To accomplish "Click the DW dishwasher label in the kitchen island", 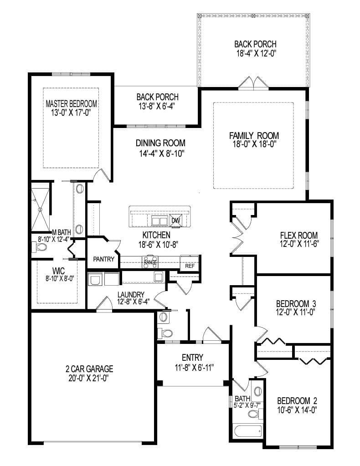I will pyautogui.click(x=176, y=221).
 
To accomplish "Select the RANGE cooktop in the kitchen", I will pyautogui.click(x=150, y=262).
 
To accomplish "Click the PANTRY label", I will pyautogui.click(x=103, y=259).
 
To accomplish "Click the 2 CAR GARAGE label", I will pyautogui.click(x=89, y=369).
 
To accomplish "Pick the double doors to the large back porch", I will pyautogui.click(x=252, y=83).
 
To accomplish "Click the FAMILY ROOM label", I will pyautogui.click(x=254, y=135).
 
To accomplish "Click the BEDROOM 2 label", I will pyautogui.click(x=297, y=400).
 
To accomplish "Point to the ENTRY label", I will pyautogui.click(x=192, y=358).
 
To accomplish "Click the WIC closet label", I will pyautogui.click(x=58, y=271).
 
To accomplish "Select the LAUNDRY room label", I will pyautogui.click(x=131, y=295).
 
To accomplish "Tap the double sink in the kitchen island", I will pyautogui.click(x=159, y=221).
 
